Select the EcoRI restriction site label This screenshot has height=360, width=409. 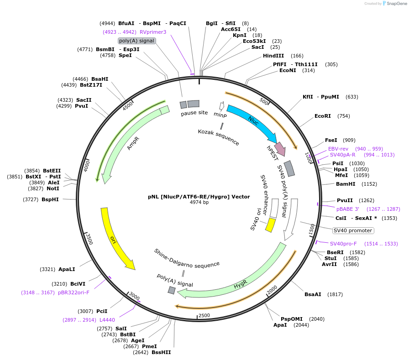pos(322,116)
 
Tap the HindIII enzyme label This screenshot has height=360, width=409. pos(273,56)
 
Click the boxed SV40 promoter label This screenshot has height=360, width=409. pos(353,230)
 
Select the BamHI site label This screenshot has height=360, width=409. pos(345,184)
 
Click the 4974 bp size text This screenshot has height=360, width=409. pos(199,202)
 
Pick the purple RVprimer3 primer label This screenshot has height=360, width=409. pos(153,32)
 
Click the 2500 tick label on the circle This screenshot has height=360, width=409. pos(204,315)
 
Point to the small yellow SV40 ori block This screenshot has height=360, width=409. pos(270,225)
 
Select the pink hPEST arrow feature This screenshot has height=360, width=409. pos(279,149)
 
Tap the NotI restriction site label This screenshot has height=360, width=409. pos(53,188)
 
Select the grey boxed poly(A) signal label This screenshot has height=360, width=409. pos(137,41)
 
